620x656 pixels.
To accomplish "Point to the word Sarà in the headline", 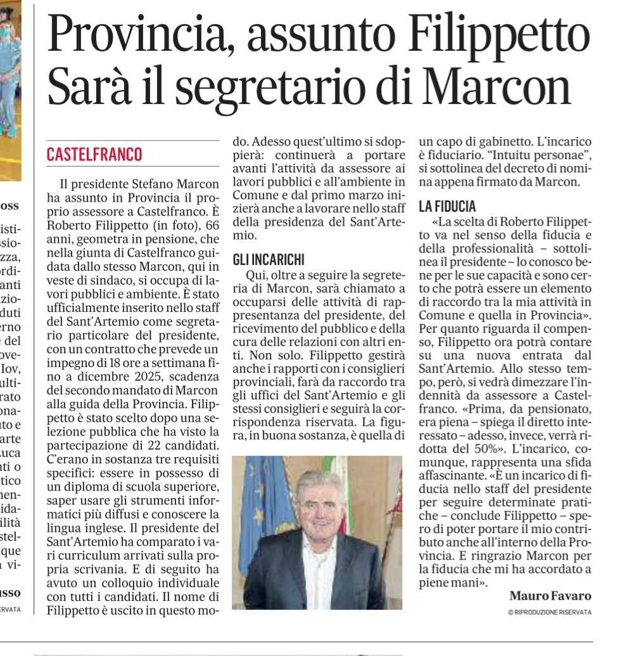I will [92, 87].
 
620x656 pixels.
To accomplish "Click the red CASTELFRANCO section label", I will [94, 154].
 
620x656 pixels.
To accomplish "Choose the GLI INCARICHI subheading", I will [269, 259].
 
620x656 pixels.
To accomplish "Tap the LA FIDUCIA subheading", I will [446, 206].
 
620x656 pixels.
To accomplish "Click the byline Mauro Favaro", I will [550, 596].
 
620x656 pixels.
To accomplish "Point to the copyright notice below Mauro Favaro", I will [549, 612].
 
